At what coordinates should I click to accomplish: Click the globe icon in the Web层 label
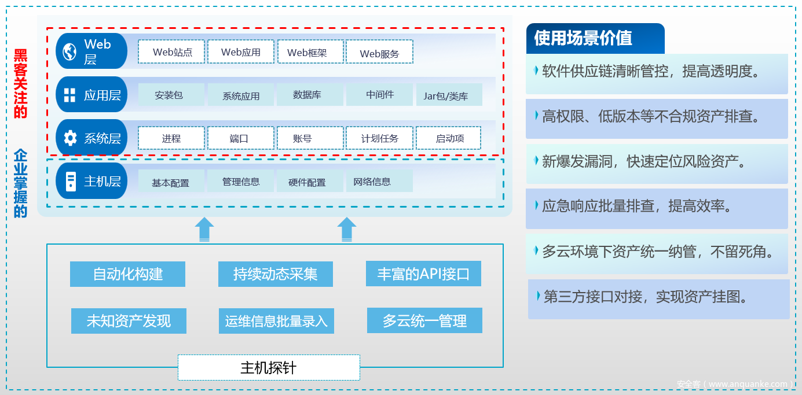(x=70, y=51)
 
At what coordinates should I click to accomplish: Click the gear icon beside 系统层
(x=70, y=138)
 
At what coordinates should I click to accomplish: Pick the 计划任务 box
(x=379, y=138)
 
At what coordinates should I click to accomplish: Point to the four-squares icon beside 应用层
(x=70, y=95)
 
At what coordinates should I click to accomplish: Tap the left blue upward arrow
(x=204, y=229)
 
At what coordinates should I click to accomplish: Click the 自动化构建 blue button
(x=127, y=274)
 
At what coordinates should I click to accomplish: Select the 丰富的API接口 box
(x=423, y=274)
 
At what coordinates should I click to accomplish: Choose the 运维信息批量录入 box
(x=276, y=321)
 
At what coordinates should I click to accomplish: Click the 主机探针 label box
(x=269, y=368)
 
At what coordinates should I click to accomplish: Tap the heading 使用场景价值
(x=583, y=38)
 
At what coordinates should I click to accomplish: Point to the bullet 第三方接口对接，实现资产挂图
(x=646, y=297)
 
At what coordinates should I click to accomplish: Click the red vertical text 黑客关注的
(x=21, y=84)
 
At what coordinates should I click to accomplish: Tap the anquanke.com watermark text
(x=734, y=384)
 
